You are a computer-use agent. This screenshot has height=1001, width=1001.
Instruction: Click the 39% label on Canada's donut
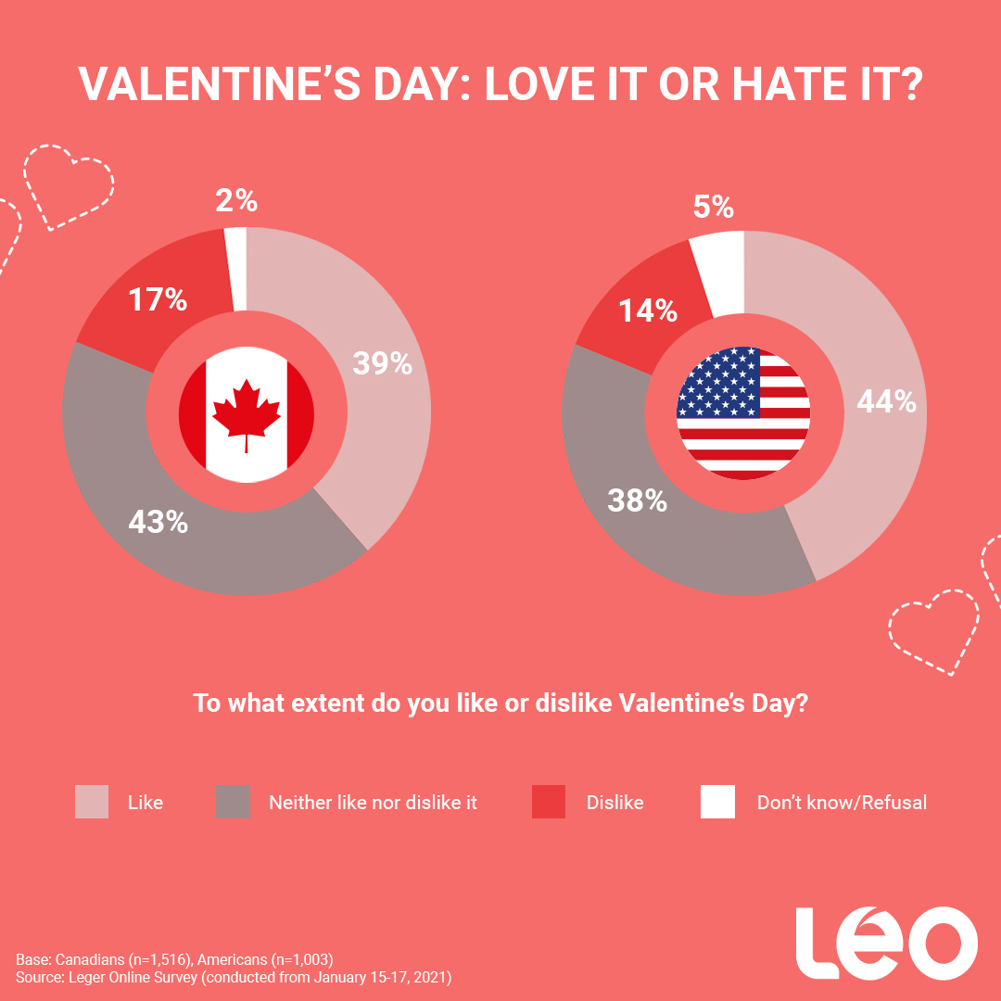point(382,362)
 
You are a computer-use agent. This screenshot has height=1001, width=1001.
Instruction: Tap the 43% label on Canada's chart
point(158,522)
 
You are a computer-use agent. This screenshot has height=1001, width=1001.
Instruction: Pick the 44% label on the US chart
point(886,401)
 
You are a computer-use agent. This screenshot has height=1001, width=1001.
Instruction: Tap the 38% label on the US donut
point(637,500)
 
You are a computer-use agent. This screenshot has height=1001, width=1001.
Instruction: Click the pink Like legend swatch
point(92,802)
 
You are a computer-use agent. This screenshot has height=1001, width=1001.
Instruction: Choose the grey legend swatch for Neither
point(233,802)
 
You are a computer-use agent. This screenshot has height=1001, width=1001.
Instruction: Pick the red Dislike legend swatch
point(549,802)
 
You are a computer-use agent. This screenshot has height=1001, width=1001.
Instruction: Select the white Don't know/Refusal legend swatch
point(717,802)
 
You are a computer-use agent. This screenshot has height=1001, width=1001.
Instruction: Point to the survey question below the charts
point(500,703)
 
